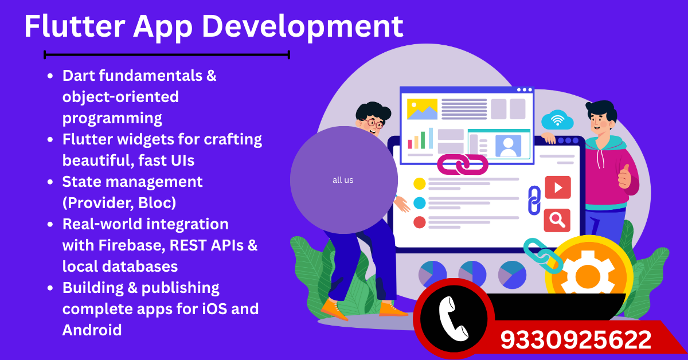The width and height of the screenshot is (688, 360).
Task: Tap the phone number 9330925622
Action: click(576, 340)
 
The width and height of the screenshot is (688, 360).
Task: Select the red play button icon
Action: click(557, 187)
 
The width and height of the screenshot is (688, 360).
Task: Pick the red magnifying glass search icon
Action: click(557, 220)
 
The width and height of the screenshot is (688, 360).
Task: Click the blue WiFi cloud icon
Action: click(557, 120)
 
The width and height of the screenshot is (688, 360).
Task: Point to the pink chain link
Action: click(462, 165)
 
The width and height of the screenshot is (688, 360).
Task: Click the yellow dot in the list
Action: click(420, 183)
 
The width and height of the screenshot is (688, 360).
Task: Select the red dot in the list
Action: click(420, 222)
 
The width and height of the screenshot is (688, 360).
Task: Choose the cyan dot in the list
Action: click(420, 203)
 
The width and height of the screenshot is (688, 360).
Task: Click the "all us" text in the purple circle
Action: click(343, 180)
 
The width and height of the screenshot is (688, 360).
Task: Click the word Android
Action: click(92, 330)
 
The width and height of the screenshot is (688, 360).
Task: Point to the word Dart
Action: click(77, 75)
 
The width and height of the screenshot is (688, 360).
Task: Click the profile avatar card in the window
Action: click(508, 146)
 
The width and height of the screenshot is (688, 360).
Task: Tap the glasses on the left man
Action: click(373, 122)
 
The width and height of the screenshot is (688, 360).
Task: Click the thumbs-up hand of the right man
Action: click(624, 177)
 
